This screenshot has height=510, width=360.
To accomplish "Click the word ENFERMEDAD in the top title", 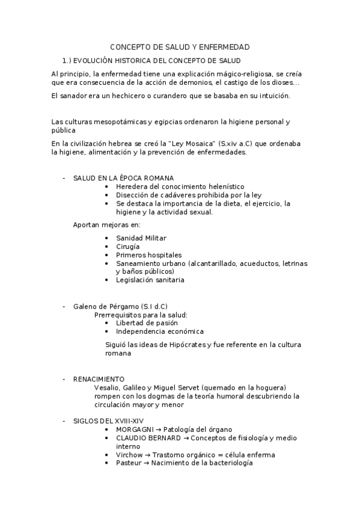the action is [x=224, y=47].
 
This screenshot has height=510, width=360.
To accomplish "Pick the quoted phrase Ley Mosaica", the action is [x=194, y=144].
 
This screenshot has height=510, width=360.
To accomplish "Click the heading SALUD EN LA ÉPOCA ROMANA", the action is [x=123, y=178].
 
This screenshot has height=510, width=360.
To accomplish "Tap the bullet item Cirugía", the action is [x=127, y=247].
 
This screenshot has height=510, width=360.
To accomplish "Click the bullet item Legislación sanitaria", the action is [x=150, y=280].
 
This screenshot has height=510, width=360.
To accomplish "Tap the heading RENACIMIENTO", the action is [x=99, y=379].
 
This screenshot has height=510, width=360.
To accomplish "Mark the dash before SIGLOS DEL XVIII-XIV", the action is [x=64, y=422].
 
